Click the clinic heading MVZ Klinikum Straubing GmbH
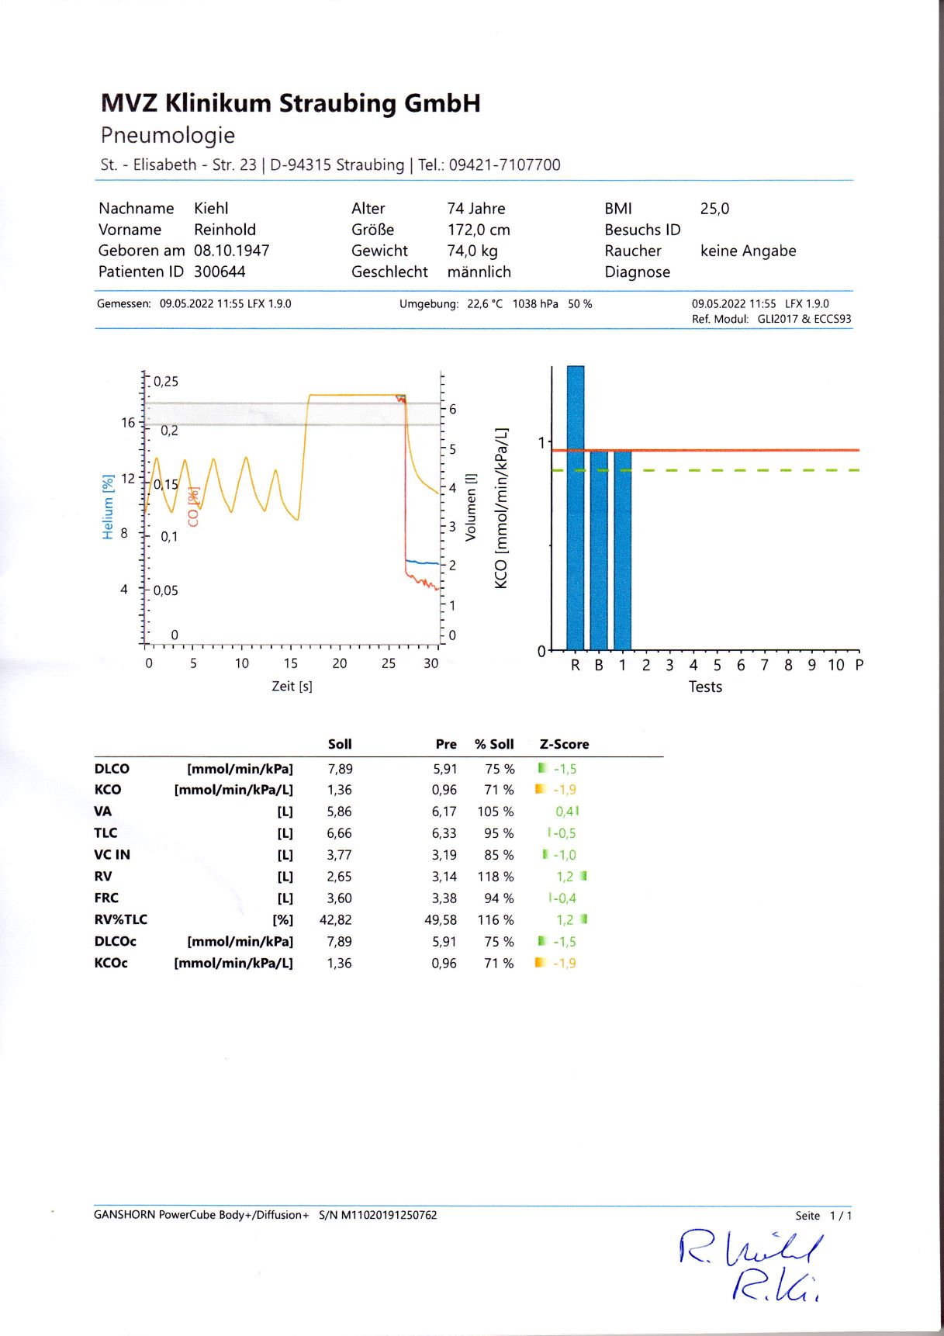click(x=290, y=103)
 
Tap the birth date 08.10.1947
click(x=231, y=251)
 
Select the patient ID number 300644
click(x=220, y=272)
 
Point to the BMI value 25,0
click(x=714, y=209)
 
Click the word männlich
click(x=479, y=272)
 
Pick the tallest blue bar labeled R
click(x=575, y=507)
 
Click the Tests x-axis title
click(x=705, y=687)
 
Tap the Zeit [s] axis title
click(x=292, y=686)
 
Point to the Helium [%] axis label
click(x=108, y=507)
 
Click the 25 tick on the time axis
click(x=388, y=663)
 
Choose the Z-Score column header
click(x=564, y=744)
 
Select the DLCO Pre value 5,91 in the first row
click(x=445, y=769)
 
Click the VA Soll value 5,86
click(x=339, y=812)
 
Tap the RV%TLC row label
click(x=121, y=919)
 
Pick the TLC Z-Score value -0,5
click(x=564, y=833)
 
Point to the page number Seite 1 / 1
click(x=823, y=1216)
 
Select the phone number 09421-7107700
click(x=504, y=164)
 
